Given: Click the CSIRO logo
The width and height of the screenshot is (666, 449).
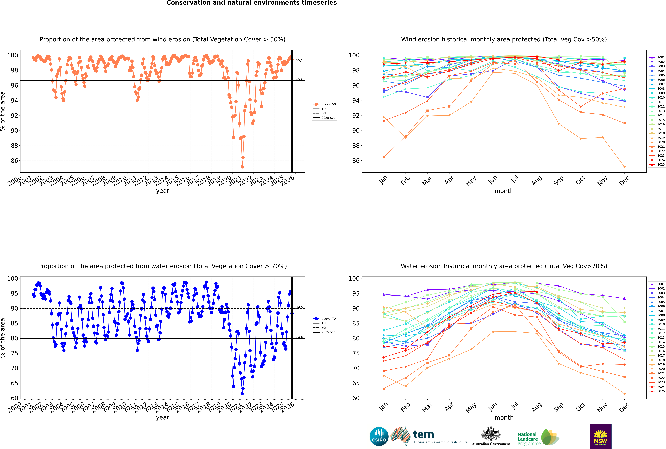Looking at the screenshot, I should tap(379, 436).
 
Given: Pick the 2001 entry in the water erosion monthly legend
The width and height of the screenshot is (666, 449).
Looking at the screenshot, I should tap(661, 284).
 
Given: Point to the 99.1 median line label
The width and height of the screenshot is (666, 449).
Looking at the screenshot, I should tap(299, 61).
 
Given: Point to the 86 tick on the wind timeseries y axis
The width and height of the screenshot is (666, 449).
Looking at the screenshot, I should tap(14, 161).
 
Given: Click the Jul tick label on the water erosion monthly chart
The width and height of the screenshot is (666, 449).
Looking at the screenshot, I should tap(515, 406).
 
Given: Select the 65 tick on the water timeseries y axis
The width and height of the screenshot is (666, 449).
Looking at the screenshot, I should tap(14, 383).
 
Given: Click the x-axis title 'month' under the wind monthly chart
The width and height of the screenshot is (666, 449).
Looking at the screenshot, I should tap(504, 191).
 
